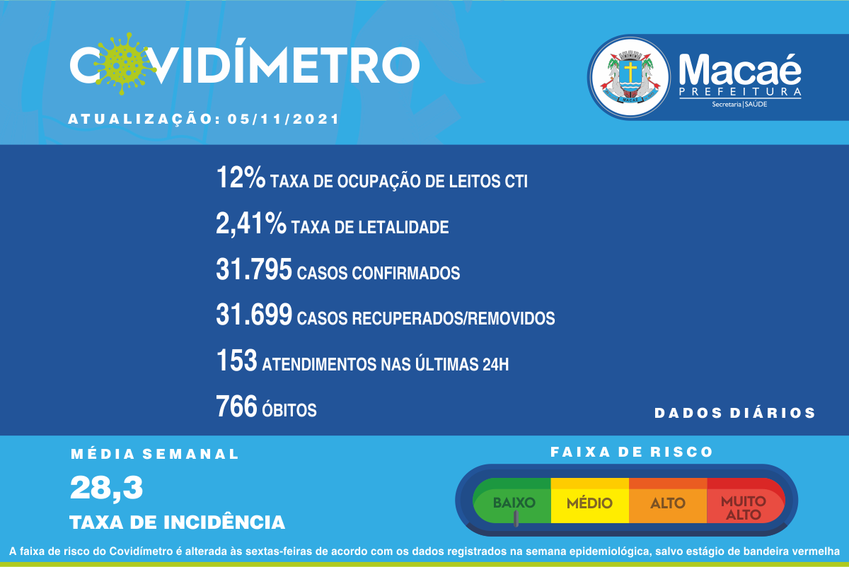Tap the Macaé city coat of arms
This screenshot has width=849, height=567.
pos(630,78)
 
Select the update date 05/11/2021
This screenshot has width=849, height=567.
pos(283,119)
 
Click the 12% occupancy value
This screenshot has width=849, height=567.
pos(241,177)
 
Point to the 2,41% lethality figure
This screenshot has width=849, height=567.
pos(251,223)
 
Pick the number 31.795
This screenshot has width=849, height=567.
pos(254,269)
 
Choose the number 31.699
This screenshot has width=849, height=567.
pos(254,315)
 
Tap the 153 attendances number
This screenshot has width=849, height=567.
pos(236,360)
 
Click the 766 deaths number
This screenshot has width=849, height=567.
pos(236,406)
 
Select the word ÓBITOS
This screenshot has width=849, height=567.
pos(289,409)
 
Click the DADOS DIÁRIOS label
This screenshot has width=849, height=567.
pos(734,413)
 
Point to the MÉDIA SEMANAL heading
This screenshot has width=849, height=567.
pos(155,454)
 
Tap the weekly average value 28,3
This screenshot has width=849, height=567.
pos(107,489)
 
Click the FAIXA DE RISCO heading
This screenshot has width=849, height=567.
pos(631,452)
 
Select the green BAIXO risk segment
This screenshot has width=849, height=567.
pos(512,501)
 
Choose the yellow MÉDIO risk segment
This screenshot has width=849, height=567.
pos(590,501)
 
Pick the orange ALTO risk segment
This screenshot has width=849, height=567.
pos(668,501)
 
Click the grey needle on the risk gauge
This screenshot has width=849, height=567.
pos(516,518)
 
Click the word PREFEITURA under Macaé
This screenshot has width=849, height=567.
pos(740,92)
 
